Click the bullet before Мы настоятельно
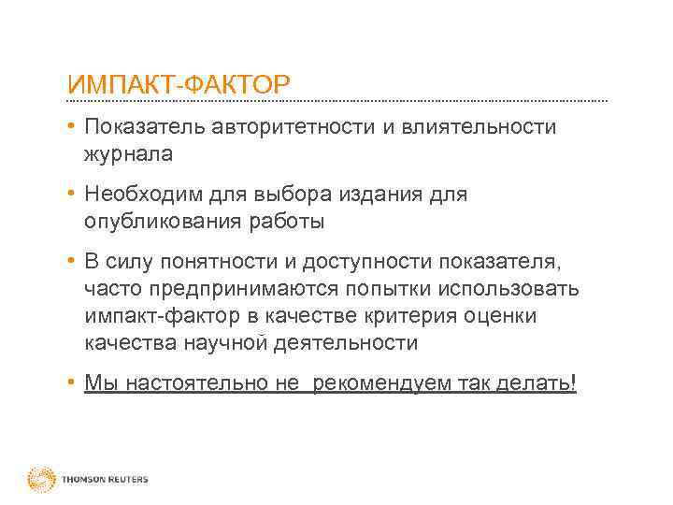point(71,382)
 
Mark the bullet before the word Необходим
point(71,194)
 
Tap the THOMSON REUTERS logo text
point(105,480)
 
